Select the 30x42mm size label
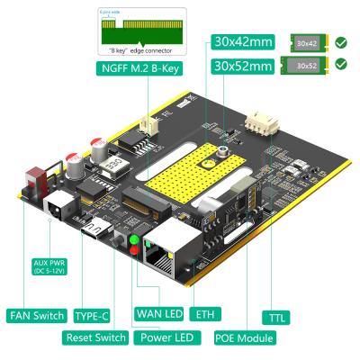[x=242, y=41]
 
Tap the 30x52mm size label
[x=242, y=65]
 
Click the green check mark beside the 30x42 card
[x=340, y=41]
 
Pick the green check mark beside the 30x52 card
[x=340, y=64]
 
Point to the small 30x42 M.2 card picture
[x=307, y=41]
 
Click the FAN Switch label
[x=37, y=315]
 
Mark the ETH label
[x=209, y=315]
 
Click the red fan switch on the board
[x=37, y=176]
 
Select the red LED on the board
[x=136, y=251]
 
